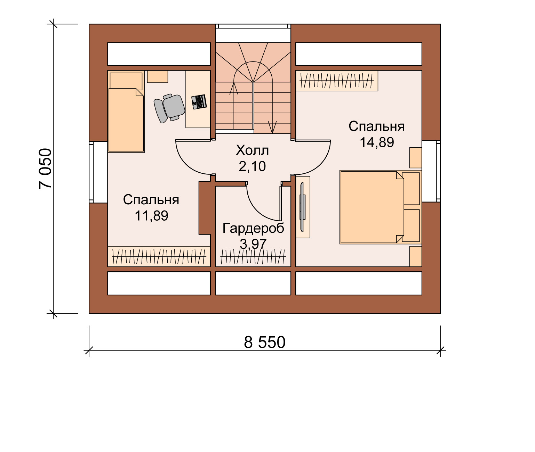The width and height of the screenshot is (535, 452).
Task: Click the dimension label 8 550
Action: point(264,342)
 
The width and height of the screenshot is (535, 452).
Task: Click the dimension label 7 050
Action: point(46,169)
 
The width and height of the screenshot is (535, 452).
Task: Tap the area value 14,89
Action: point(377,142)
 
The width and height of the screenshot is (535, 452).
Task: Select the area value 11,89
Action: point(151,216)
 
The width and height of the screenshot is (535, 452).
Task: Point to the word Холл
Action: point(252,150)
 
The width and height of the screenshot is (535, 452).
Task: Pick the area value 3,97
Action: point(253,244)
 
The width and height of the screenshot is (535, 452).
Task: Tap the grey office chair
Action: point(169,108)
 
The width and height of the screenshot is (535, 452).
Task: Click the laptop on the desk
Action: point(199,102)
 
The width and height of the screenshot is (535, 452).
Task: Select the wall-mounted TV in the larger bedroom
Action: point(302,207)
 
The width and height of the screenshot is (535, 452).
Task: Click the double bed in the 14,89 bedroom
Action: point(381,207)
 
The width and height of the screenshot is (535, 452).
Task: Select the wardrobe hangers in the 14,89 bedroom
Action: point(336,80)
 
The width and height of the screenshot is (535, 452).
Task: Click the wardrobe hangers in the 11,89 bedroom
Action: point(159,256)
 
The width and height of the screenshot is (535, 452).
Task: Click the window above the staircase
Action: point(253,26)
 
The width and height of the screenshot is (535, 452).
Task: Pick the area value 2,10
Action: point(252,166)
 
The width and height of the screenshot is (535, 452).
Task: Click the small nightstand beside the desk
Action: point(157,76)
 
